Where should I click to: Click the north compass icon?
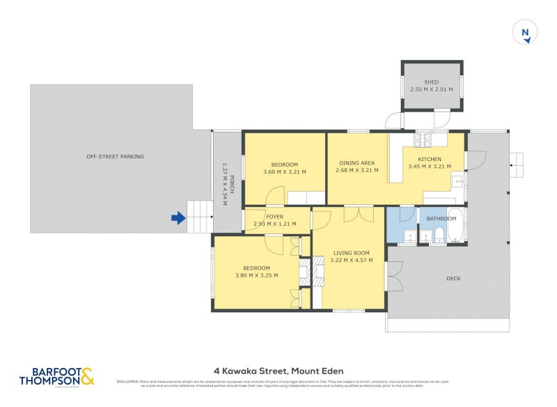coord(526,33)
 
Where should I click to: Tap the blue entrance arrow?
coord(179,219)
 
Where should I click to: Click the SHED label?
coord(432,82)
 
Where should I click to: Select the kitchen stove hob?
coord(423,139)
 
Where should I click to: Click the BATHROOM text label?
coord(441,218)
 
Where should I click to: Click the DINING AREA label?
coord(356,162)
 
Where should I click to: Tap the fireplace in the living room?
coord(318,271)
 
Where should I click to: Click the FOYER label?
coord(274,216)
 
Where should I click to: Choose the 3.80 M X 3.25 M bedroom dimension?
coord(256,275)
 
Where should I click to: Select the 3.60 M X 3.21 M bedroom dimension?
coord(284,171)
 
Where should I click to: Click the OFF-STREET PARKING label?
coord(115,156)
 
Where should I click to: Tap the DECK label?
coord(453,278)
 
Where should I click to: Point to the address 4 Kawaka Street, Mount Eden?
coord(278,371)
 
